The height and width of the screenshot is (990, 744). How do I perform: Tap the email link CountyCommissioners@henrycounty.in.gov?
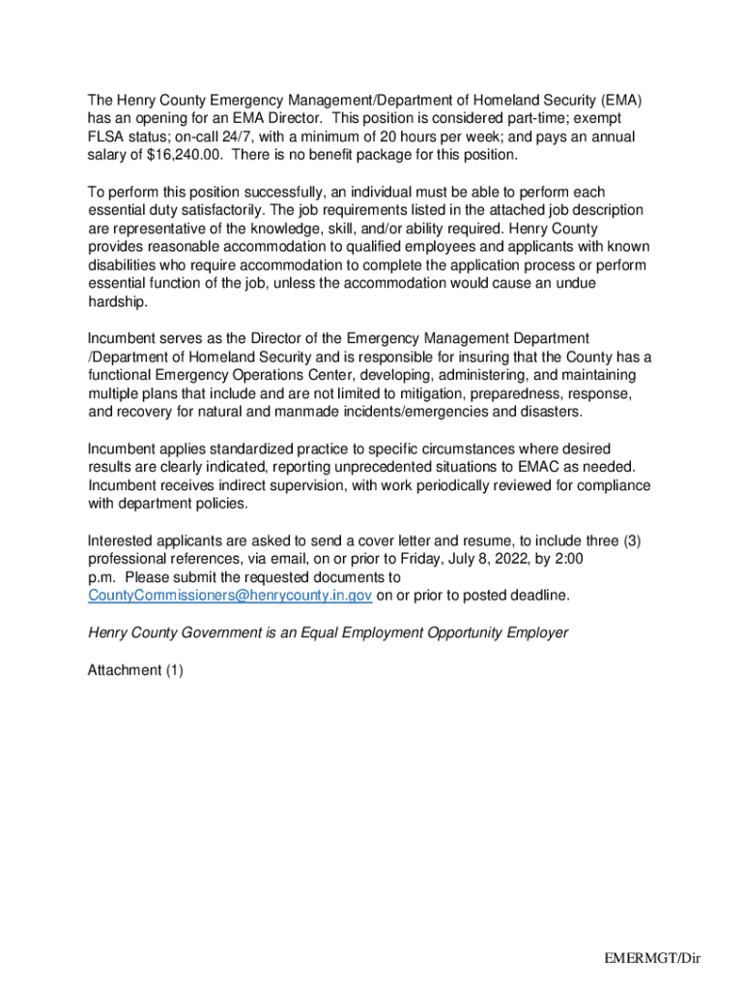pyautogui.click(x=230, y=596)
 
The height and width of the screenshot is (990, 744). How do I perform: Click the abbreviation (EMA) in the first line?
pyautogui.click(x=619, y=101)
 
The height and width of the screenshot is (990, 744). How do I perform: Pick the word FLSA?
pyautogui.click(x=106, y=136)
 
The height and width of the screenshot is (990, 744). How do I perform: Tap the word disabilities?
pyautogui.click(x=124, y=265)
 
